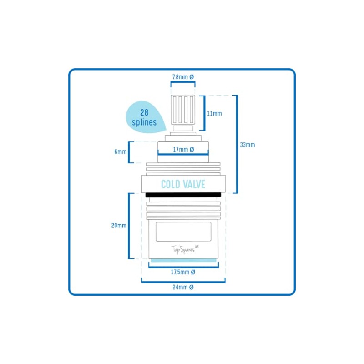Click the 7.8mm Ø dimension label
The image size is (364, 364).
tap(183, 77)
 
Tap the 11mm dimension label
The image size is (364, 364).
tap(214, 113)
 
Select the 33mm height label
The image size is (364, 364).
tap(248, 145)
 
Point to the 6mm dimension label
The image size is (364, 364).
tap(121, 152)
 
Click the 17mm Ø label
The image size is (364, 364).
tap(183, 150)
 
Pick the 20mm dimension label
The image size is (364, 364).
tap(119, 225)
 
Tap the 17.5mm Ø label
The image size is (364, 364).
tap(183, 272)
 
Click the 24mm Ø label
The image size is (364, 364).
tap(183, 288)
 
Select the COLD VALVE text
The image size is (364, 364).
tap(183, 184)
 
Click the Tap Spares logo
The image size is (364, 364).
tap(185, 249)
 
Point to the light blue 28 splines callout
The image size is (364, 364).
tap(146, 117)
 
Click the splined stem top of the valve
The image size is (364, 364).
tap(183, 110)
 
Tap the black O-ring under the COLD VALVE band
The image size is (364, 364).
tap(183, 195)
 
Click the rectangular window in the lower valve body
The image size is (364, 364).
tap(183, 232)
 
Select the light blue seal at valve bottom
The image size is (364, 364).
tap(183, 260)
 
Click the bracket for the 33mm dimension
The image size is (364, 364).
tap(237, 144)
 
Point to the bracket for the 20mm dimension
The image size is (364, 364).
tap(129, 226)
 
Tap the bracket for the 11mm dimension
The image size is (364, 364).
tap(205, 113)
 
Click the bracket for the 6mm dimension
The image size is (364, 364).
tap(129, 152)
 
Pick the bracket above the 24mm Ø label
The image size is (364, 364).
tap(183, 282)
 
